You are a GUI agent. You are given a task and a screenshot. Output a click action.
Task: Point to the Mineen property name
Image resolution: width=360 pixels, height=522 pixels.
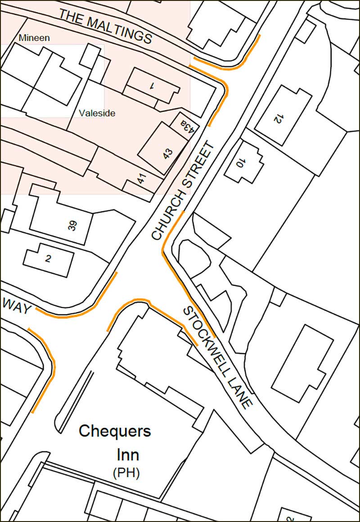(34, 38)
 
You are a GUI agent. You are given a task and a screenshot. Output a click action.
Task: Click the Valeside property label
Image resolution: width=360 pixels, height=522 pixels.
(97, 113)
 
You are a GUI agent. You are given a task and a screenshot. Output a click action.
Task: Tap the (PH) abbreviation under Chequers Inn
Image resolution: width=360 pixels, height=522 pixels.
(126, 473)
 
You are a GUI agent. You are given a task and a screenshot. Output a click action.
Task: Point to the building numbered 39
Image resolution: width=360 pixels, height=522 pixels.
(72, 225)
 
